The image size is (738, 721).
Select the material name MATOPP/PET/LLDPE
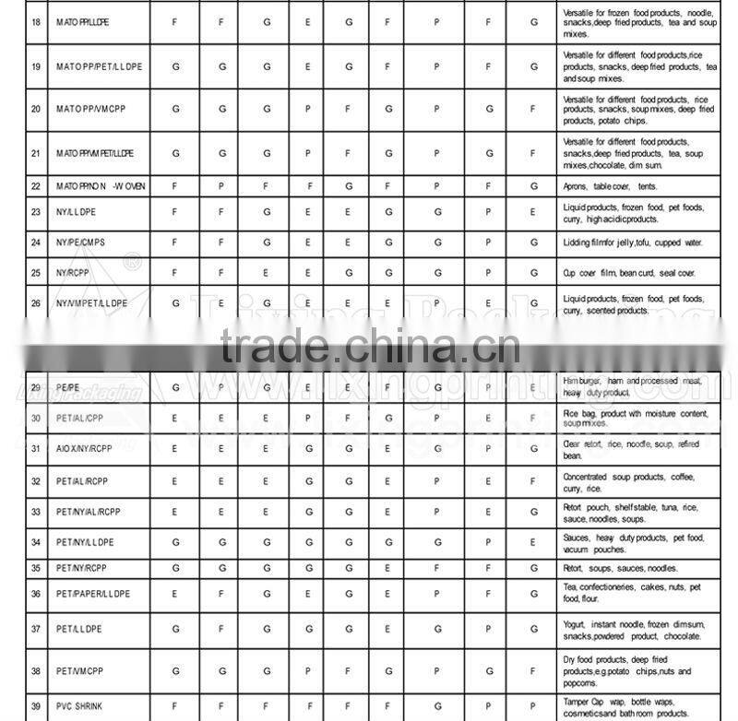99,67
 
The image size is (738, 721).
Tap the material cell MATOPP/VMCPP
92,109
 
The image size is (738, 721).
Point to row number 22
35,186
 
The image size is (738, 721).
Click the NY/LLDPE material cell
78,212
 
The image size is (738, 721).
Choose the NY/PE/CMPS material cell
81,242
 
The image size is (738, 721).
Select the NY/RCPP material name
73,273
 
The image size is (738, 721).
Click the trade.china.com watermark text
370,349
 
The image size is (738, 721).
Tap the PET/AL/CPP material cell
80,418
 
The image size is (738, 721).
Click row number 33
35,512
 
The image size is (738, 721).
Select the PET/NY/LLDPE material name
85,542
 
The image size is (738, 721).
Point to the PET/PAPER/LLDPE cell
93,594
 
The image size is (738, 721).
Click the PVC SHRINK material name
79,706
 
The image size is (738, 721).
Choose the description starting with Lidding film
632,242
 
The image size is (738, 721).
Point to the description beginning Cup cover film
628,273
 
